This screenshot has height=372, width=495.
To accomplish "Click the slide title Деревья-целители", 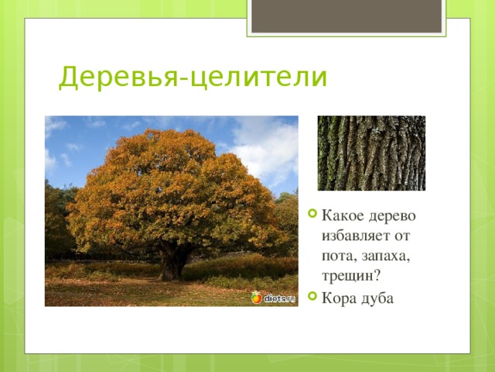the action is [193, 77].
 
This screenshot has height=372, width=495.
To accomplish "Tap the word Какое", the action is [343, 215].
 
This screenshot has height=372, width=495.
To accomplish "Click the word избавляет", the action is [355, 236].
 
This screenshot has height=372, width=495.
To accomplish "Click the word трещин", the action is [347, 276].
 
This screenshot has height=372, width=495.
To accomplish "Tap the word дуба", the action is [377, 298].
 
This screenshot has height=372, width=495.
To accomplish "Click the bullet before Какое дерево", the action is [312, 214].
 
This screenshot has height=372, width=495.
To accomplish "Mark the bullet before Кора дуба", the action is [312, 296].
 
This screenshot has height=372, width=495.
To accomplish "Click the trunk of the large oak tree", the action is [172, 263].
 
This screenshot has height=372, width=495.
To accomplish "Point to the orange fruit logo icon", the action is [256, 298].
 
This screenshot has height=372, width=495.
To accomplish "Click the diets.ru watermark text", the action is [279, 298].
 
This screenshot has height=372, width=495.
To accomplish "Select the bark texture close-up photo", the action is [371, 153].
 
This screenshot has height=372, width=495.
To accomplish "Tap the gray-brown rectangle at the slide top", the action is [346, 15].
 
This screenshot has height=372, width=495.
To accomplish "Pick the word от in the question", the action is [401, 236].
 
